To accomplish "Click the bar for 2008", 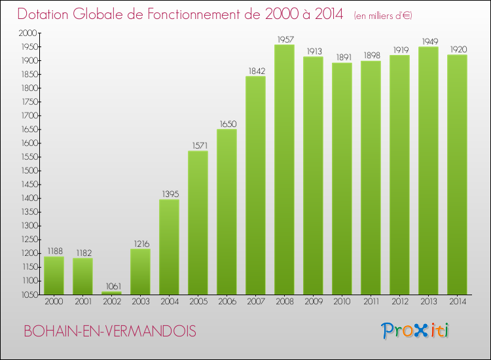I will pyautogui.click(x=284, y=170).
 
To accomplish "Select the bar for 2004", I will pyautogui.click(x=169, y=247).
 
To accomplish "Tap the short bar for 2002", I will pyautogui.click(x=111, y=293).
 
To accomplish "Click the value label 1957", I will pyautogui.click(x=284, y=39).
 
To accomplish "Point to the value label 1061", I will pyautogui.click(x=111, y=286).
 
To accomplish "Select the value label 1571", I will pyautogui.click(x=198, y=145).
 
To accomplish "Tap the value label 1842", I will pyautogui.click(x=255, y=71).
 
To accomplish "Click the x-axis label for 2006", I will pyautogui.click(x=227, y=302).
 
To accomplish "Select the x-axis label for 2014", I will pyautogui.click(x=457, y=302).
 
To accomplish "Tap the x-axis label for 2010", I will pyautogui.click(x=342, y=302).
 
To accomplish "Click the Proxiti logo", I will pyautogui.click(x=416, y=331).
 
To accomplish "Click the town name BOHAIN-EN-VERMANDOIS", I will pyautogui.click(x=109, y=332).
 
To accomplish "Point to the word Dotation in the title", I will pyautogui.click(x=45, y=14).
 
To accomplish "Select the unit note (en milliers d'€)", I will pyautogui.click(x=382, y=15).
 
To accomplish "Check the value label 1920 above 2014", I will pyautogui.click(x=457, y=49).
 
